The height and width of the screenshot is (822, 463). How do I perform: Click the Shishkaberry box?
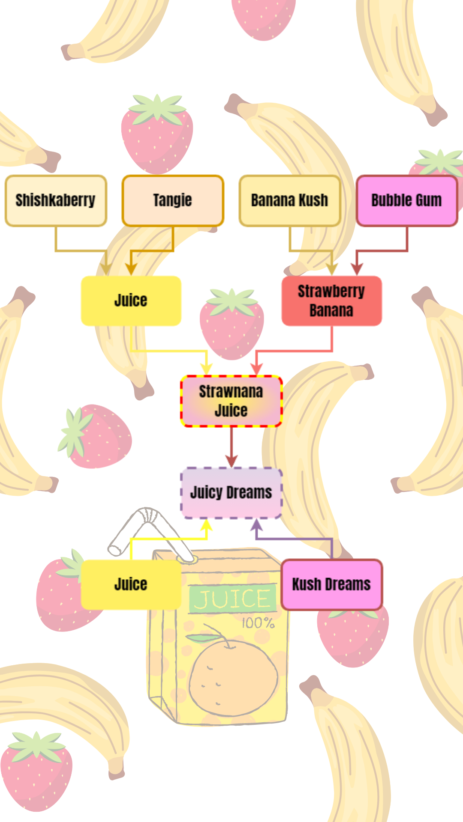[56, 200]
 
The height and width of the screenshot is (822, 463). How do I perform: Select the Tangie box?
[173, 200]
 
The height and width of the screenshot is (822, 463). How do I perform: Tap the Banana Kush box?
[290, 200]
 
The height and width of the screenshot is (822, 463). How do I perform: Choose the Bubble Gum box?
[407, 200]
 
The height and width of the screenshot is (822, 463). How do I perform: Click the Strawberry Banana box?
[331, 301]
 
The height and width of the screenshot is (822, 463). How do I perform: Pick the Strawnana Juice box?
[231, 401]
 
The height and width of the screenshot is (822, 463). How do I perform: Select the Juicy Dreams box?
[231, 492]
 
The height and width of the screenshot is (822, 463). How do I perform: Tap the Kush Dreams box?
[331, 584]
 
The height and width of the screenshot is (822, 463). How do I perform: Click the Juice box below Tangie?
[131, 301]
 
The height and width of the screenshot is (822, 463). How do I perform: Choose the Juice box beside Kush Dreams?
[131, 584]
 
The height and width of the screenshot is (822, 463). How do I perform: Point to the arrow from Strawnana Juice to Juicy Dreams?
[231, 447]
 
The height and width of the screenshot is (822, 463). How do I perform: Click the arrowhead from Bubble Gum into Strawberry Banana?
[357, 269]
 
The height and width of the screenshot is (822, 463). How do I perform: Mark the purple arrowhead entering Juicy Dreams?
[256, 525]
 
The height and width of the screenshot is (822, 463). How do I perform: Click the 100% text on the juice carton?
[258, 623]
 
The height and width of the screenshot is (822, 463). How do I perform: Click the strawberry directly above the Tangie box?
[157, 134]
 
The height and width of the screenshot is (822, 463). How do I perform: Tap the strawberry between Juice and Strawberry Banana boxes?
[232, 324]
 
